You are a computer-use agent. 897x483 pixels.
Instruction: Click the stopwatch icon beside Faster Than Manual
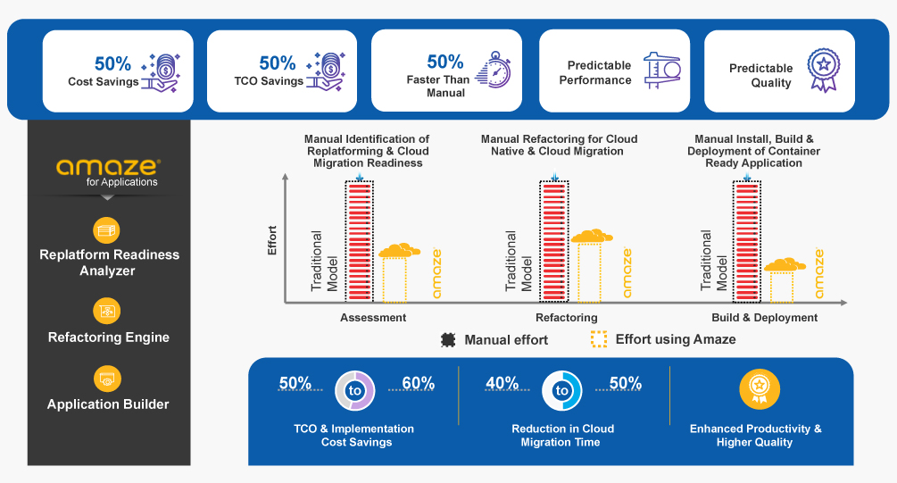493,70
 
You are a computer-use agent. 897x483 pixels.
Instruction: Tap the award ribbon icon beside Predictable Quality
823,70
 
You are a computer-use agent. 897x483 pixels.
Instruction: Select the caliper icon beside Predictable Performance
662,70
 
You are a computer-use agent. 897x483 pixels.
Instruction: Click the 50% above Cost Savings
112,63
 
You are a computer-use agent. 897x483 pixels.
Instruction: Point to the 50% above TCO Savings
278,63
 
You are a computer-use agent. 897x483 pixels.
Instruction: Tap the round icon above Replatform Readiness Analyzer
106,230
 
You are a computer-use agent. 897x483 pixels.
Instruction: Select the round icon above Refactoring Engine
107,312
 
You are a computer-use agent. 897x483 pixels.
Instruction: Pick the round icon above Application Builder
107,379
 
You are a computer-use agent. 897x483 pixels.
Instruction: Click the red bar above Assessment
360,241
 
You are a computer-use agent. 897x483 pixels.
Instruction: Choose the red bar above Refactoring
553,241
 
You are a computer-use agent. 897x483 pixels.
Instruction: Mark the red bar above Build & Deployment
747,241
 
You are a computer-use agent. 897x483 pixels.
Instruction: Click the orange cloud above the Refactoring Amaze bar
592,236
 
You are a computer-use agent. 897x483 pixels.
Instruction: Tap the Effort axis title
271,240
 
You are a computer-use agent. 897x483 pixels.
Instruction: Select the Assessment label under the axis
373,318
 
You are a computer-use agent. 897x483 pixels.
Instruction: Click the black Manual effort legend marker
448,340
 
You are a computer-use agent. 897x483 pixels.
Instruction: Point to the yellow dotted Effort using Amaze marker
599,339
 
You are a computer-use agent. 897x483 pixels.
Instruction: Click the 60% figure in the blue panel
419,383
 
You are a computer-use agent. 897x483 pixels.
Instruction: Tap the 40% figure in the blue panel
502,383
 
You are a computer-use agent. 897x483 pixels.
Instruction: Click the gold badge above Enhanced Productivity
760,389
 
